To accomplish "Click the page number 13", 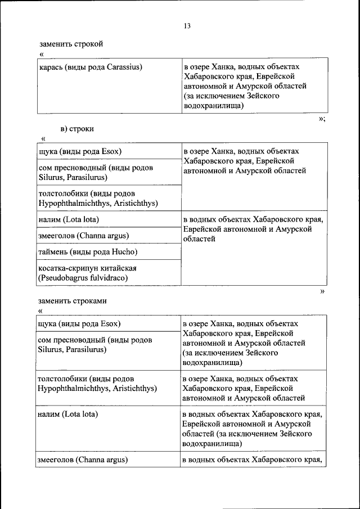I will [x=187, y=26].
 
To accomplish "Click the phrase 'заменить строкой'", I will [x=71, y=44].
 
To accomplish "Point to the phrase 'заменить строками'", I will [x=73, y=301].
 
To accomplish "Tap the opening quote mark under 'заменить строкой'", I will [x=42, y=54].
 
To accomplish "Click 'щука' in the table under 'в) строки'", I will [x=48, y=151].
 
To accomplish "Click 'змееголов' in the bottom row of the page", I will [x=55, y=460].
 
